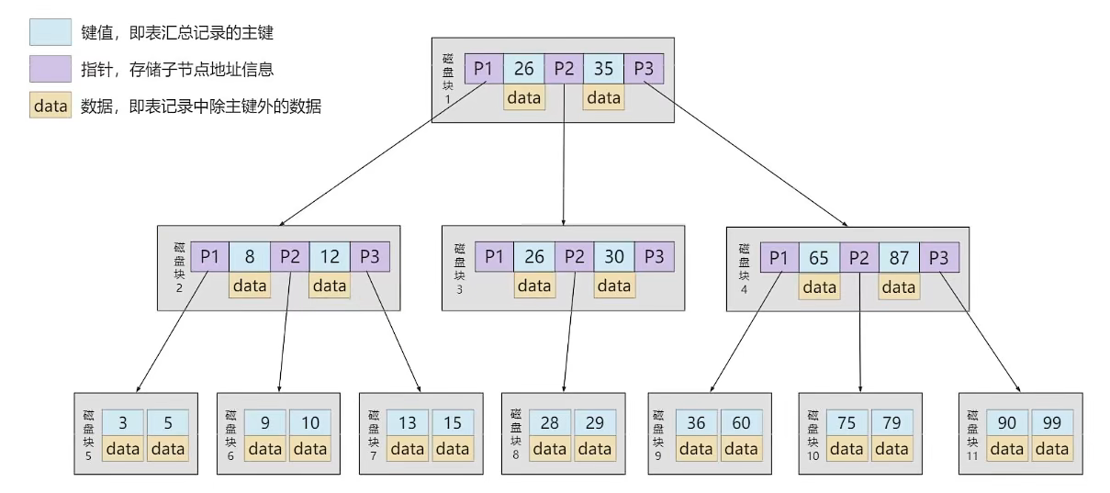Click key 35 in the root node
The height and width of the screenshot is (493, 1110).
pyautogui.click(x=603, y=68)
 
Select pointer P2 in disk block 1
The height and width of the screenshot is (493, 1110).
pyautogui.click(x=564, y=68)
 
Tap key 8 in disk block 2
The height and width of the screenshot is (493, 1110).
pyautogui.click(x=250, y=257)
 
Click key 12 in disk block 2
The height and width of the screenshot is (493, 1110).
pyautogui.click(x=330, y=257)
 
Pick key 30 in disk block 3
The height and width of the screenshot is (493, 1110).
pyautogui.click(x=614, y=257)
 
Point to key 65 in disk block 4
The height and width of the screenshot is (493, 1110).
pyautogui.click(x=819, y=258)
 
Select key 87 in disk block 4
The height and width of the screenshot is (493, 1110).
pyautogui.click(x=899, y=258)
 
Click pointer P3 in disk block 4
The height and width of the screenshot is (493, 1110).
pyautogui.click(x=939, y=258)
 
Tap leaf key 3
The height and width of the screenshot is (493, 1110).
pyautogui.click(x=123, y=422)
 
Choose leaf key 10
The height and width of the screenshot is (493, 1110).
pyautogui.click(x=310, y=422)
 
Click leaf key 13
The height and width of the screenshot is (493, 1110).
pyautogui.click(x=408, y=422)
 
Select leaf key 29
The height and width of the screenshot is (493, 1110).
pyautogui.click(x=595, y=422)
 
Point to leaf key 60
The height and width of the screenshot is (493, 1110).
pyautogui.click(x=741, y=422)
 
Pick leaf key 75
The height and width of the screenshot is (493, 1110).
pyautogui.click(x=847, y=422)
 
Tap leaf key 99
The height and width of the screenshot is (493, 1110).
pyautogui.click(x=1052, y=422)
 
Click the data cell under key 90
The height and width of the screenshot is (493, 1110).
pyautogui.click(x=1007, y=449)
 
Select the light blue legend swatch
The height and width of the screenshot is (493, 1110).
pyautogui.click(x=50, y=32)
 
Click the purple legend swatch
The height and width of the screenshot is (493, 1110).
pyautogui.click(x=50, y=69)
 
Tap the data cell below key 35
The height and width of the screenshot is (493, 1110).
pyautogui.click(x=603, y=97)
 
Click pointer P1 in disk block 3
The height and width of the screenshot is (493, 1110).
pyautogui.click(x=494, y=257)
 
